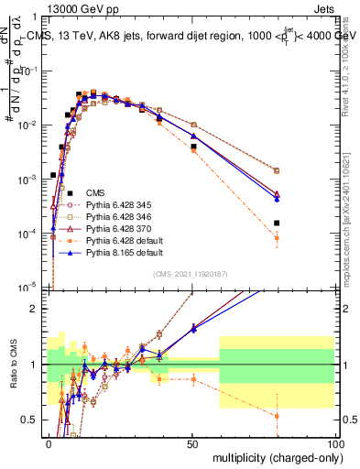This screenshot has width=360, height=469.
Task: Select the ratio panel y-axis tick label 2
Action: pyautogui.click(x=38, y=309)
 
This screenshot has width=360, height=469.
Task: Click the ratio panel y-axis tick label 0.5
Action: pyautogui.click(x=33, y=420)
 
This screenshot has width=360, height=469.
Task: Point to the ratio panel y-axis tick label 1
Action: pyautogui.click(x=38, y=365)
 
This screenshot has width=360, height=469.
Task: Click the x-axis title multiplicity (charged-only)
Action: pyautogui.click(x=274, y=457)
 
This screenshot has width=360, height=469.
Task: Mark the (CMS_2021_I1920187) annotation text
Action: pyautogui.click(x=191, y=274)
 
